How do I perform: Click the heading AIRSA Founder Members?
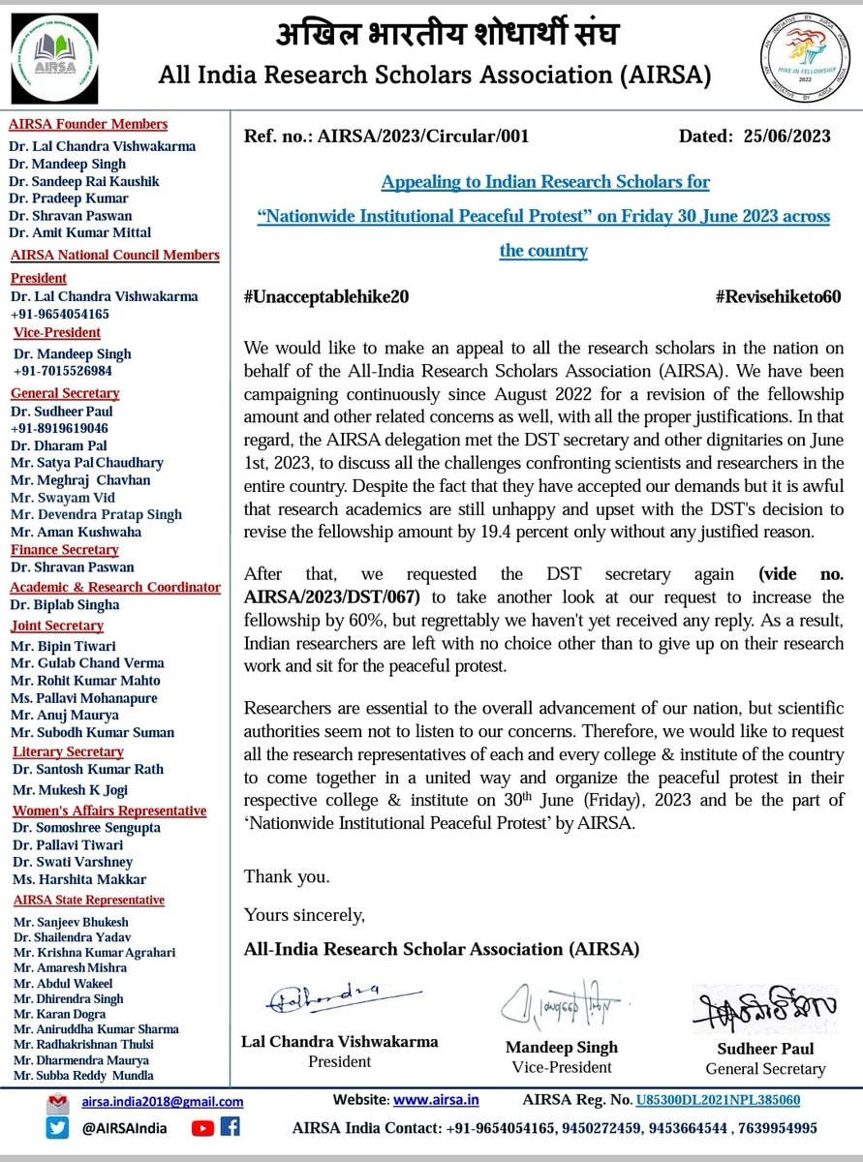(88, 124)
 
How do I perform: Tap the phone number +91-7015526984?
(61, 371)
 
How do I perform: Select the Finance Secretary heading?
(64, 550)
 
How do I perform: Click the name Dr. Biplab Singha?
(65, 605)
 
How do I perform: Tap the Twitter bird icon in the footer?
(59, 1127)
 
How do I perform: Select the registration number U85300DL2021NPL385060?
(717, 1100)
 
